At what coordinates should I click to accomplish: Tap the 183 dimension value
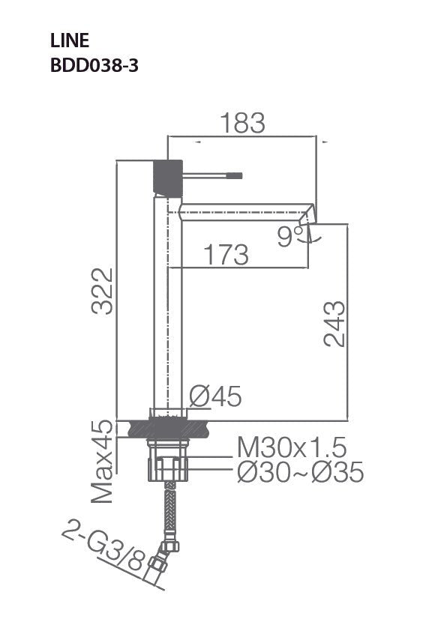click(x=242, y=123)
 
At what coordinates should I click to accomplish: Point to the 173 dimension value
click(x=226, y=255)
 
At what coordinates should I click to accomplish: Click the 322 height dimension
click(x=102, y=291)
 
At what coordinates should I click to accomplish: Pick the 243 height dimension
click(x=334, y=323)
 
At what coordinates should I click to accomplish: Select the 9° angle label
click(x=289, y=237)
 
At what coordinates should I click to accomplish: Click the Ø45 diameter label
click(x=215, y=396)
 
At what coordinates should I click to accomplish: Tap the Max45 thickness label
click(x=102, y=461)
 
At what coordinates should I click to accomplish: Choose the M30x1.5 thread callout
click(x=292, y=448)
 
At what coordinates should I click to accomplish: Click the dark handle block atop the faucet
click(x=168, y=177)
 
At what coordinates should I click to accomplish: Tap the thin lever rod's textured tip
click(x=234, y=176)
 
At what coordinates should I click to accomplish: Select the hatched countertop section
click(x=168, y=429)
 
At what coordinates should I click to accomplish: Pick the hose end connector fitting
click(x=159, y=565)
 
